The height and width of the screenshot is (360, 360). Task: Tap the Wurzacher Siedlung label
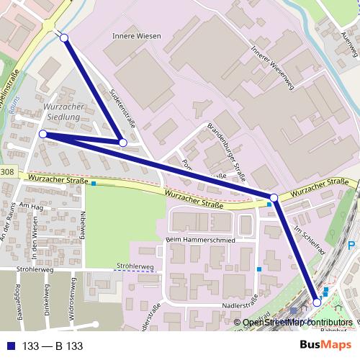[x=66, y=112]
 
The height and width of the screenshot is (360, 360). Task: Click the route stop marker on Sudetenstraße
[x=122, y=143]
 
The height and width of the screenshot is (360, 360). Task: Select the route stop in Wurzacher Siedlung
[x=43, y=134]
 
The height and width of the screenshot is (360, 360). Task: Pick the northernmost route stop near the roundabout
[x=63, y=37]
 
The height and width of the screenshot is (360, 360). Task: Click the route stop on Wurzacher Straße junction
[x=274, y=197]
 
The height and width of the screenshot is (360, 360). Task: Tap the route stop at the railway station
[x=317, y=303]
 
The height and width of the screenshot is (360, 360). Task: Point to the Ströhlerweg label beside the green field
[x=135, y=267]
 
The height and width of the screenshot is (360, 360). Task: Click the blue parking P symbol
[x=351, y=246]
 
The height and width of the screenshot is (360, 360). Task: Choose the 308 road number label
[x=6, y=172]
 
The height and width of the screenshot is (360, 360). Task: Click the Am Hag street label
[x=32, y=207]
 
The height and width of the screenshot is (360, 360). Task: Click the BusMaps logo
[x=326, y=346]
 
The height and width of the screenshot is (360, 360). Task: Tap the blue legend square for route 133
[x=10, y=346]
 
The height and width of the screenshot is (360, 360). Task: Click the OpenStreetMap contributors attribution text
[x=297, y=323]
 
